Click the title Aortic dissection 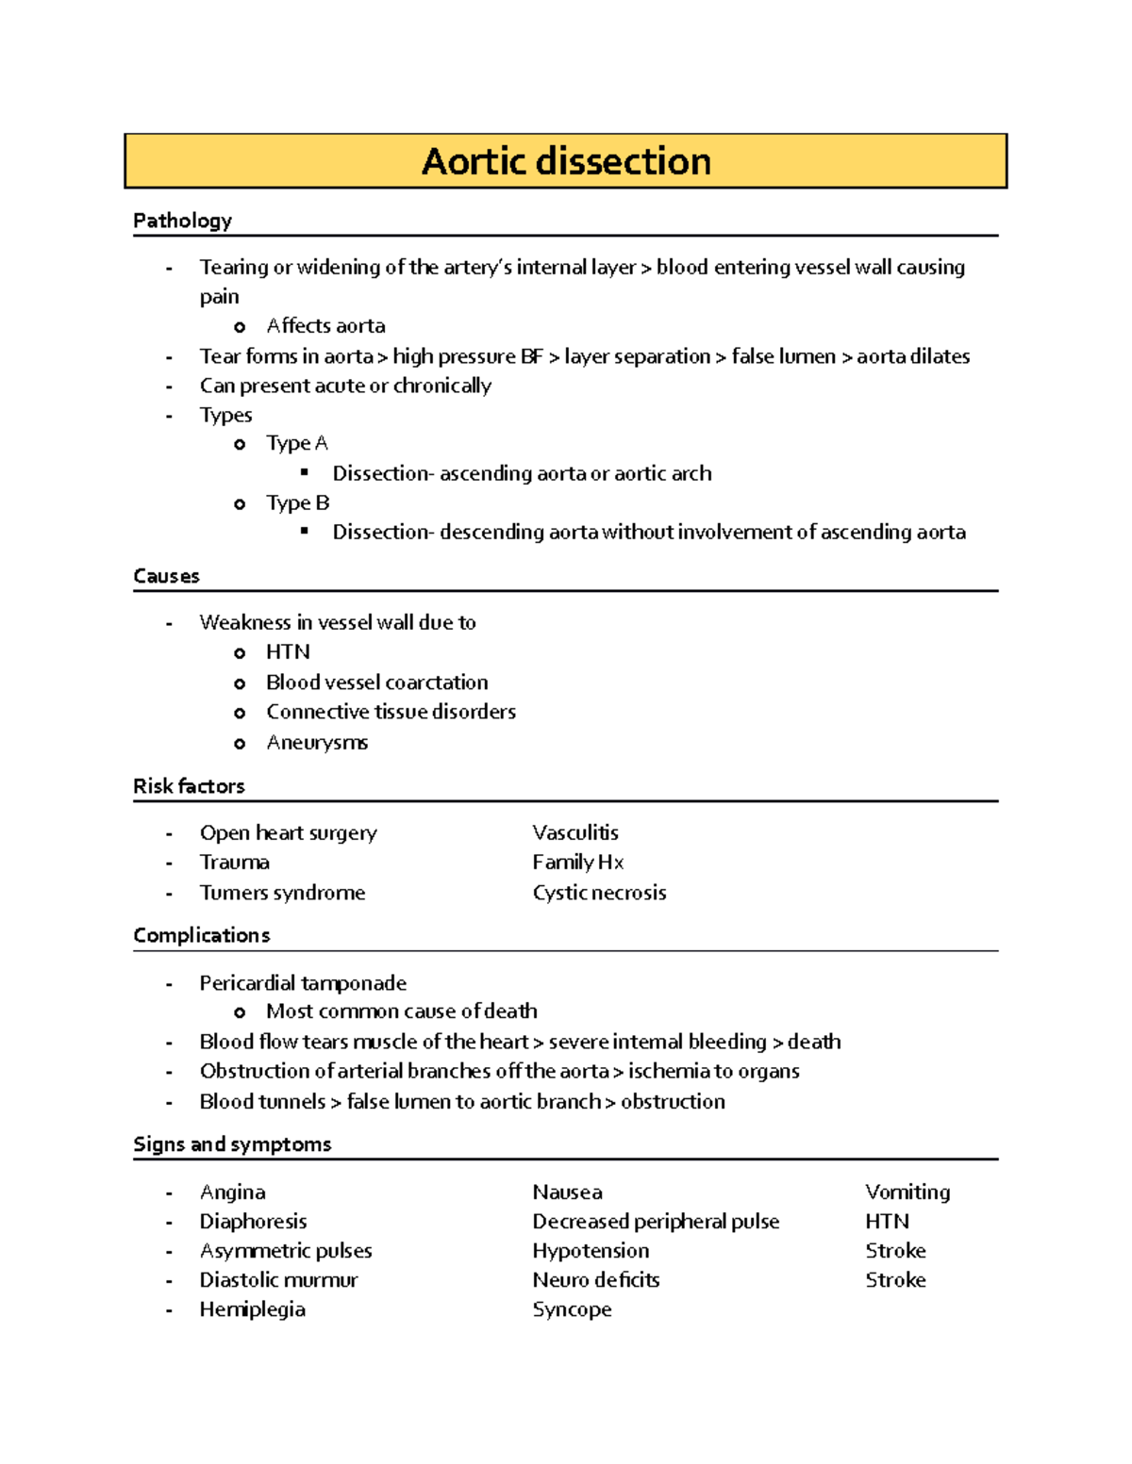pyautogui.click(x=566, y=161)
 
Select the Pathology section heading pyautogui.click(x=182, y=221)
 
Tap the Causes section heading pyautogui.click(x=166, y=576)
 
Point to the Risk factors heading pyautogui.click(x=189, y=786)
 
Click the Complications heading pyautogui.click(x=201, y=935)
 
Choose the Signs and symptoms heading pyautogui.click(x=232, y=1144)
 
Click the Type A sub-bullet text pyautogui.click(x=296, y=443)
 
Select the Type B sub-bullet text pyautogui.click(x=297, y=502)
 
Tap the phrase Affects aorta pyautogui.click(x=325, y=326)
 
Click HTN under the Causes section pyautogui.click(x=288, y=652)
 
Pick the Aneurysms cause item pyautogui.click(x=317, y=743)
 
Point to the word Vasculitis pyautogui.click(x=575, y=832)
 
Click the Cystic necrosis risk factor pyautogui.click(x=599, y=893)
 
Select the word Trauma pyautogui.click(x=234, y=863)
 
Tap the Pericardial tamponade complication pyautogui.click(x=303, y=983)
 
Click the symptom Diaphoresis pyautogui.click(x=253, y=1222)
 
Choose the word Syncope pyautogui.click(x=572, y=1309)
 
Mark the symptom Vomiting pyautogui.click(x=907, y=1193)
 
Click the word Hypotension pyautogui.click(x=591, y=1251)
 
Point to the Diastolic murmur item pyautogui.click(x=278, y=1280)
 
